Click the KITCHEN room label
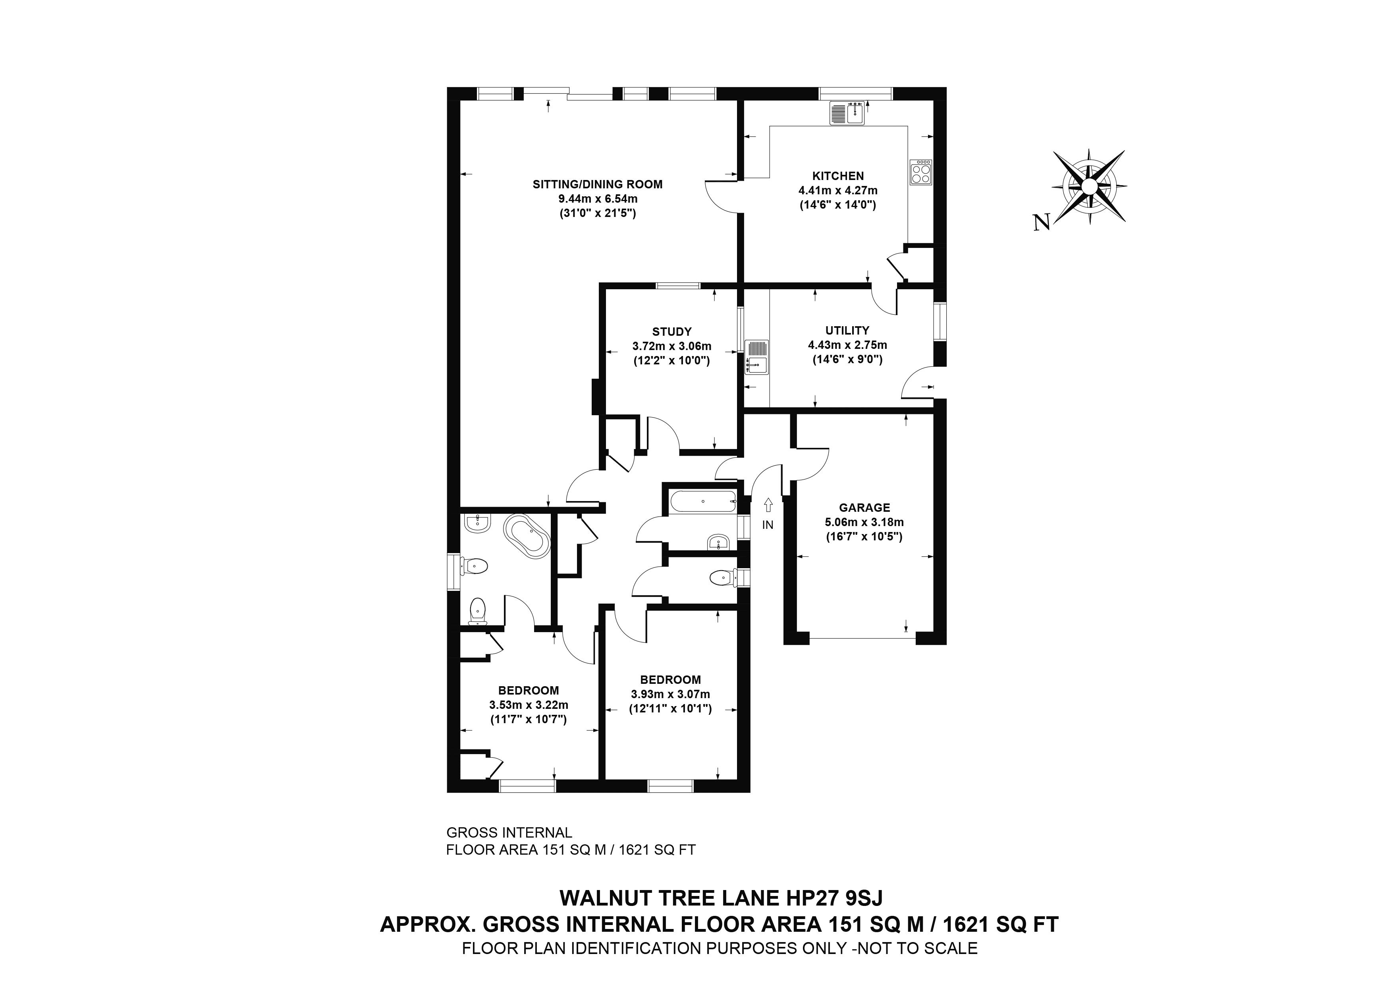pyautogui.click(x=838, y=176)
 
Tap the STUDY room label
pyautogui.click(x=671, y=332)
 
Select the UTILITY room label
pyautogui.click(x=847, y=331)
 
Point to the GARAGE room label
pyautogui.click(x=864, y=508)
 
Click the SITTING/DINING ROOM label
pyautogui.click(x=598, y=184)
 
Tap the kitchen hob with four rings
pyautogui.click(x=920, y=172)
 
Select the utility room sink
pyautogui.click(x=756, y=358)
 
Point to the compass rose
pyautogui.click(x=1089, y=185)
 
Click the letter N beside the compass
pyautogui.click(x=1041, y=223)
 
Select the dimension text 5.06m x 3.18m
pyautogui.click(x=864, y=522)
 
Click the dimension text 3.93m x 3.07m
pyautogui.click(x=670, y=694)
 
